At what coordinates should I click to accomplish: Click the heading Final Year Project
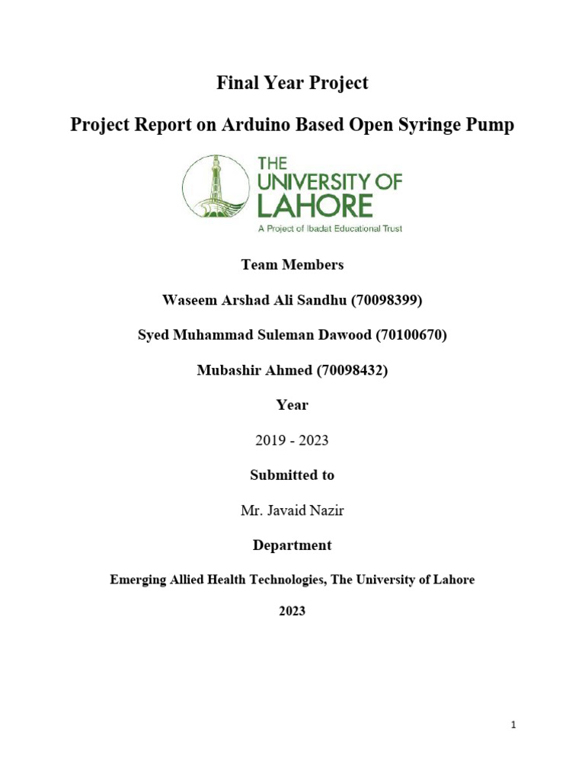coord(292,83)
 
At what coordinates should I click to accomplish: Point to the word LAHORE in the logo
coord(315,205)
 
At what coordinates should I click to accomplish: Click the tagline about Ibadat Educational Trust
coord(329,228)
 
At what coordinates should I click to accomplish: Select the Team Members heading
coord(292,265)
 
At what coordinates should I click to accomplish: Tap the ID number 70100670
coord(411,335)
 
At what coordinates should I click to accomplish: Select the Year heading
coord(292,405)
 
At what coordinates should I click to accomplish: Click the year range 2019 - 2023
coord(292,440)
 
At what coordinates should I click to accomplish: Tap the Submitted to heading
coord(292,475)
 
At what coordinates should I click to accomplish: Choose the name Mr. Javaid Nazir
coord(292,510)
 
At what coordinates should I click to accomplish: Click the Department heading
coord(292,545)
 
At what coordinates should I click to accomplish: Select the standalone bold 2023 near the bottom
coord(292,611)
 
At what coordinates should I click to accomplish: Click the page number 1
coord(514,726)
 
